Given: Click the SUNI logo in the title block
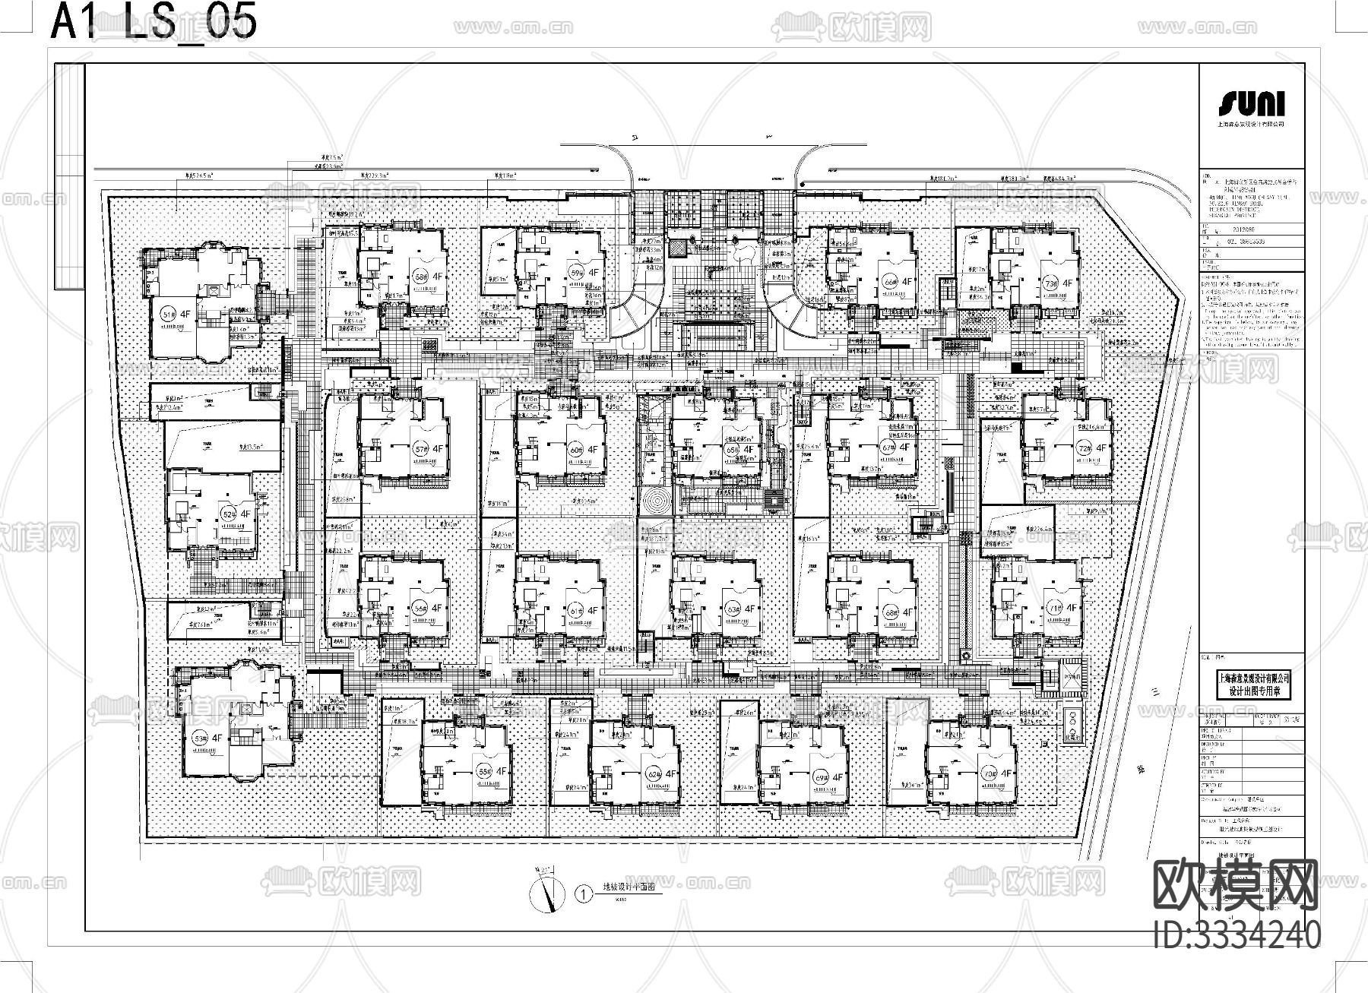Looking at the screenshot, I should [x=1251, y=104].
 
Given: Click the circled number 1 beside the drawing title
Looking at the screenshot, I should [x=583, y=894].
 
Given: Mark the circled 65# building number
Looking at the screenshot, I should [x=732, y=450].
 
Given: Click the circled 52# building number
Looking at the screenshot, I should [x=227, y=514].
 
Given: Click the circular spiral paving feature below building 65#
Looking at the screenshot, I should [x=654, y=502].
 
